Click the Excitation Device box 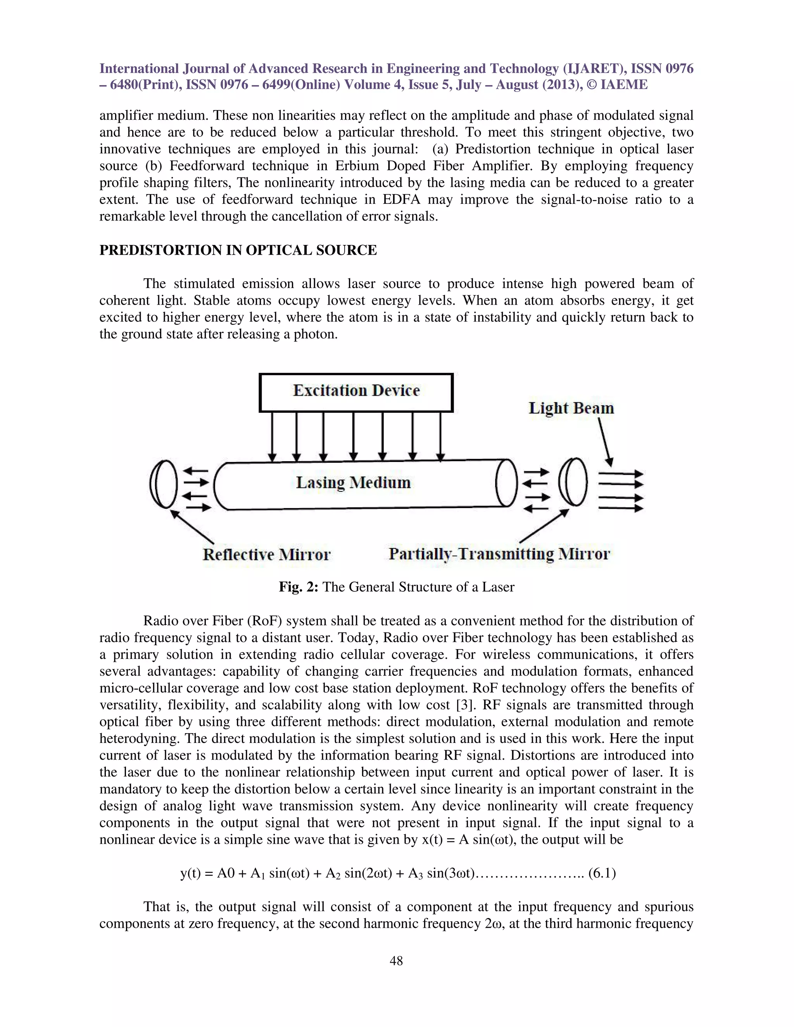pos(356,392)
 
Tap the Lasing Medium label pos(353,482)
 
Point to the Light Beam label pos(571,408)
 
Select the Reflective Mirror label pos(266,555)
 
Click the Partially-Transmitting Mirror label pos(499,554)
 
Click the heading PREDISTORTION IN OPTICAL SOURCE pos(238,250)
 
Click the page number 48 pos(396,961)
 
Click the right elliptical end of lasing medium pos(507,483)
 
